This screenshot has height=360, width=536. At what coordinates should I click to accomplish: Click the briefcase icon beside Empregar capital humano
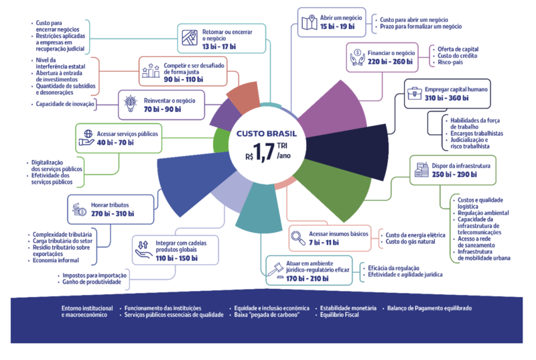(413, 93)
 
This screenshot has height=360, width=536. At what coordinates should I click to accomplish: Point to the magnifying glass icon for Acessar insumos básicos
(297, 236)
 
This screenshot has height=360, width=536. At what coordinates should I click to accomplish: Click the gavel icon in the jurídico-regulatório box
(275, 268)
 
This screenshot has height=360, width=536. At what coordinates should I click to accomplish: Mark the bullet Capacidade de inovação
(65, 105)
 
